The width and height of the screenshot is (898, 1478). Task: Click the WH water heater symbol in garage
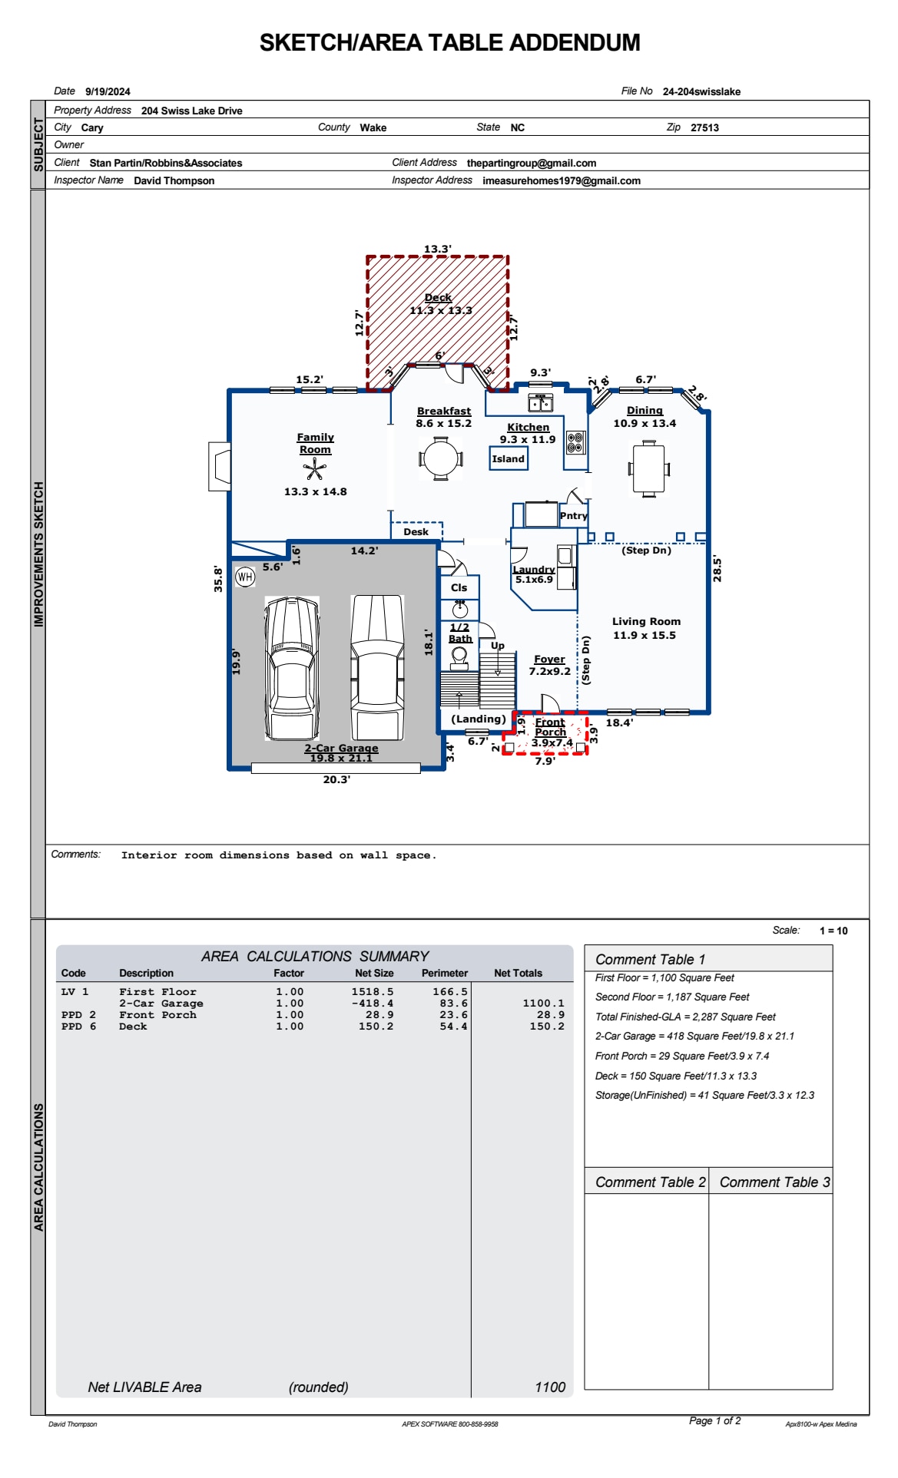(x=245, y=577)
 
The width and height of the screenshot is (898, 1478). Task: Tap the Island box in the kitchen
(x=509, y=458)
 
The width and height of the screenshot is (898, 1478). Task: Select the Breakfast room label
(x=444, y=411)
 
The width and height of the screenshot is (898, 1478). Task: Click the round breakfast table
(x=441, y=458)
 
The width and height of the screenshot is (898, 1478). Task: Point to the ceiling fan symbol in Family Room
(x=314, y=468)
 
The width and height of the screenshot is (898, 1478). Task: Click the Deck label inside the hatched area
(x=438, y=297)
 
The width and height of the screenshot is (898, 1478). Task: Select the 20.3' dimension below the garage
(x=336, y=779)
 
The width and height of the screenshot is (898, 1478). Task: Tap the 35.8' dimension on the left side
(x=218, y=578)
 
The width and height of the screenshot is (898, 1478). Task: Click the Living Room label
(x=646, y=621)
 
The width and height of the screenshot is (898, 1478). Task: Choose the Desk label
(x=416, y=531)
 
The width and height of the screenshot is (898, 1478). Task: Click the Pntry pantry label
(x=573, y=516)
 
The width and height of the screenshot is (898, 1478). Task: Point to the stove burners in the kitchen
(x=575, y=442)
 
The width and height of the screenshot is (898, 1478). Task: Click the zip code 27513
(x=704, y=127)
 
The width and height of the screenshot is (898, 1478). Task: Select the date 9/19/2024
(x=108, y=91)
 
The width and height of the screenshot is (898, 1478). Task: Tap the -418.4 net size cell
(x=373, y=1003)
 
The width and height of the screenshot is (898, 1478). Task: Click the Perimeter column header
(x=444, y=973)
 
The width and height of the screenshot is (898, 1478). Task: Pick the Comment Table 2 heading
(x=650, y=1182)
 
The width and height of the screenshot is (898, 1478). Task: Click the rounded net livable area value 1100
(x=550, y=1387)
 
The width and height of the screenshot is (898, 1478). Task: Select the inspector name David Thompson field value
(x=174, y=180)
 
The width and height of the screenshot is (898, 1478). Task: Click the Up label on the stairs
(x=498, y=646)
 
